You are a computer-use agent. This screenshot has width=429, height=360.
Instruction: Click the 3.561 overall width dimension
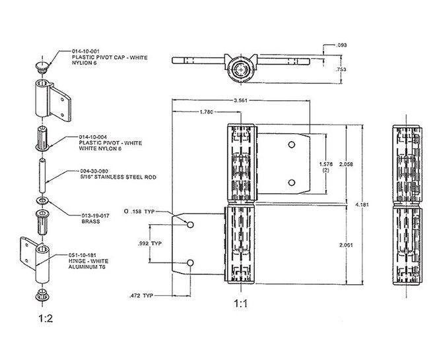coord(241,101)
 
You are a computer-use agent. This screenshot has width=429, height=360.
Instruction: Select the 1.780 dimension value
coord(206,113)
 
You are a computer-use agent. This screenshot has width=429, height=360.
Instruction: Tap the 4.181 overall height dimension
coord(362,204)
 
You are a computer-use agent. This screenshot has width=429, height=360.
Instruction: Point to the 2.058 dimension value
coord(337,163)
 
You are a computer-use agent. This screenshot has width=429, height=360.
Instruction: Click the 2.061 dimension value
coord(337,245)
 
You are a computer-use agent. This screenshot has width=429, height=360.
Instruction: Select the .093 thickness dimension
coord(341,45)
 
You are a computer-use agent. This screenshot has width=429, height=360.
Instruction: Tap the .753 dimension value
coord(341,69)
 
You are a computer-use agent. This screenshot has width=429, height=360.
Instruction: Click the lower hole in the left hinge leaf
coord(190,264)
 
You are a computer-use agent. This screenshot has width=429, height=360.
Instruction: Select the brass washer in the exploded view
coord(42,200)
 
